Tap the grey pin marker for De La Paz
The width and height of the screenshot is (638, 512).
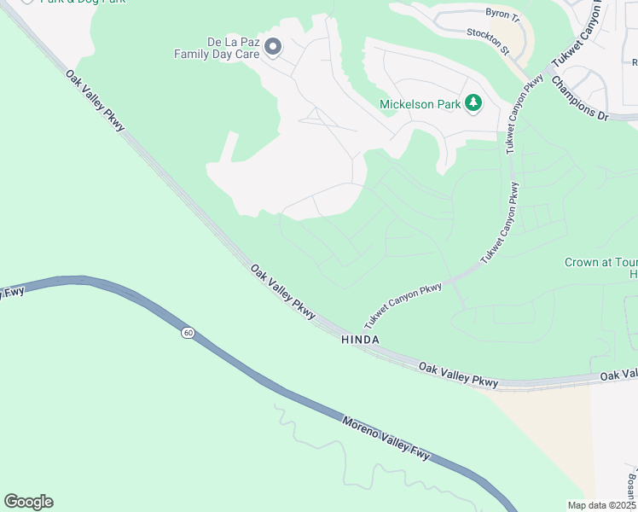[273, 46]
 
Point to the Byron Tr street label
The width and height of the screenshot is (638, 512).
[502, 15]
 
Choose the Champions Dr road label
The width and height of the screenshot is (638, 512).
[579, 98]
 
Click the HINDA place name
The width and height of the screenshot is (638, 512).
[360, 340]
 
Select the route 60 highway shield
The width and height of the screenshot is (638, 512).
[187, 332]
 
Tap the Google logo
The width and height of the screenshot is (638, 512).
[28, 502]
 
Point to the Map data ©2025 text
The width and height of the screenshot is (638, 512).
[601, 505]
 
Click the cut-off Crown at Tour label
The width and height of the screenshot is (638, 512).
[600, 263]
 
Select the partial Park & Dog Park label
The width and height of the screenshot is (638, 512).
[82, 2]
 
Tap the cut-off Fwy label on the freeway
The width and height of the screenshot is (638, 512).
[11, 294]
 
